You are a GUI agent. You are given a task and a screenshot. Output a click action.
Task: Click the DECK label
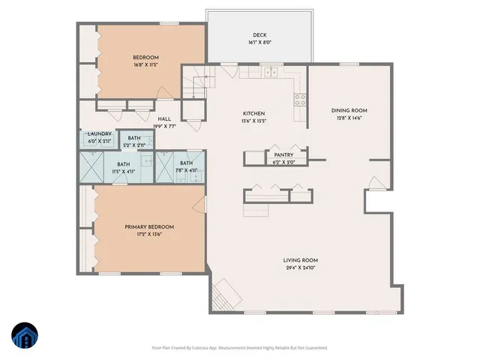click(259, 35)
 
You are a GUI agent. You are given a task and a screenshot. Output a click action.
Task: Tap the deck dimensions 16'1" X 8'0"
click(259, 43)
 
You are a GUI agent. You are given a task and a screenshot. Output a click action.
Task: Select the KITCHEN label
click(253, 113)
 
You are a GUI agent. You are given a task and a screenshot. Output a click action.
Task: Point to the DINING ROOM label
click(349, 110)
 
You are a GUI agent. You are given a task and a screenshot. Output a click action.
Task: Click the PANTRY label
click(283, 154)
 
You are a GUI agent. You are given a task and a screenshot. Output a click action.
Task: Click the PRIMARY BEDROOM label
click(149, 226)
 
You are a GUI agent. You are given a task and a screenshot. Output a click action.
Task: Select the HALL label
click(163, 119)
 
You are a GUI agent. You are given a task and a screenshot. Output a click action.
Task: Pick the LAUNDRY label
click(99, 133)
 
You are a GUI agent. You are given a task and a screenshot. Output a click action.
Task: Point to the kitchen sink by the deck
click(270, 73)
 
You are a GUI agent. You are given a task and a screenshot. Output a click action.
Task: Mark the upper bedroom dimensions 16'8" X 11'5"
click(145, 65)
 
